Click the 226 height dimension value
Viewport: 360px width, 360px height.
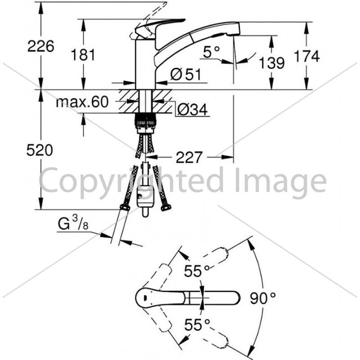point(40,46)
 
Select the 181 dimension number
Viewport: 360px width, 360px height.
point(83,55)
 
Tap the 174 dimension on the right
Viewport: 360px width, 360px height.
point(307,56)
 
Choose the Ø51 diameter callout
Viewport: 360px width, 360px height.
point(185,74)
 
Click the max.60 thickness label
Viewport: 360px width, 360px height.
point(82,102)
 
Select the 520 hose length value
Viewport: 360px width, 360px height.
point(40,150)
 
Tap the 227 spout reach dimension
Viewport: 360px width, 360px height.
point(189,157)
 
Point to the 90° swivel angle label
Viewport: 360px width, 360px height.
point(263,298)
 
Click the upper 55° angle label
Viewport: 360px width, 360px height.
point(197,271)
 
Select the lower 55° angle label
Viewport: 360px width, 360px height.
point(197,325)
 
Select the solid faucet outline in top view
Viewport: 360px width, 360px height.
point(188,298)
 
